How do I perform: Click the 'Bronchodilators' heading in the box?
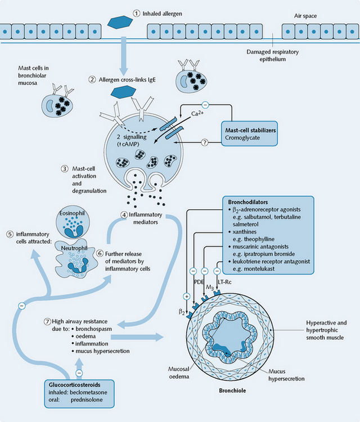click(x=249, y=201)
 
